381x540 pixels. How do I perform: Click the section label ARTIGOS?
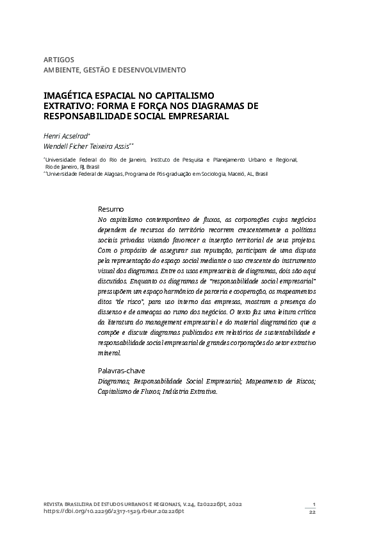(x=58, y=59)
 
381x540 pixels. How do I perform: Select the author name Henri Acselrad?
(x=66, y=135)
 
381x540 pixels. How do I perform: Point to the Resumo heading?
(x=110, y=209)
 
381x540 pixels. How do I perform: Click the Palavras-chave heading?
(x=121, y=371)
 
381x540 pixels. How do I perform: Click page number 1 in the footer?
(x=313, y=504)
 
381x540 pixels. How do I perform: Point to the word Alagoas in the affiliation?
(x=110, y=174)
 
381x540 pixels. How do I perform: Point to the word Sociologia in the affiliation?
(x=205, y=174)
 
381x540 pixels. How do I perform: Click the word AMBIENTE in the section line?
(x=61, y=69)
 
